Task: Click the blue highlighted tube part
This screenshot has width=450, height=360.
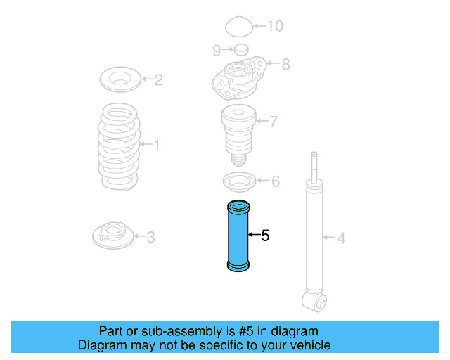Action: click(x=238, y=236)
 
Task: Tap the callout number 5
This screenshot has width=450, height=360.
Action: click(x=265, y=236)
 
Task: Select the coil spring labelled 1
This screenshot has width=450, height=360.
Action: click(x=119, y=146)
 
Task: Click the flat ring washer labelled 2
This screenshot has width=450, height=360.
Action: click(x=120, y=79)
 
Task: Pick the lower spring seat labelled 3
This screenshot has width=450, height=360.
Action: click(x=113, y=236)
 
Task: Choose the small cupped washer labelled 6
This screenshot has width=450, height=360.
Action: click(x=239, y=181)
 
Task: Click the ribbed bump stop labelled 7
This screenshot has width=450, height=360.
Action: click(x=238, y=135)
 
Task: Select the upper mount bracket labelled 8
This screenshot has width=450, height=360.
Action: click(x=240, y=78)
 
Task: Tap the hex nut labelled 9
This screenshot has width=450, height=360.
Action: click(x=241, y=50)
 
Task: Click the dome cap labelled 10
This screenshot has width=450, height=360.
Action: click(x=239, y=27)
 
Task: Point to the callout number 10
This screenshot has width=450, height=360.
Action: click(x=275, y=26)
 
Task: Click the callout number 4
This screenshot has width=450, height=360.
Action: click(x=341, y=238)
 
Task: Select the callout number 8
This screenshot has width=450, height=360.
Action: click(x=285, y=64)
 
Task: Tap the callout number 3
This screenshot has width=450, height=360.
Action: click(x=150, y=237)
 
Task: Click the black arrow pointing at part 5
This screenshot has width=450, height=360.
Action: click(x=254, y=235)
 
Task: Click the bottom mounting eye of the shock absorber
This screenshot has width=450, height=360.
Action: click(x=315, y=302)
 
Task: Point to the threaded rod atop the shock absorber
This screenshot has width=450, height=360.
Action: click(x=314, y=167)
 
